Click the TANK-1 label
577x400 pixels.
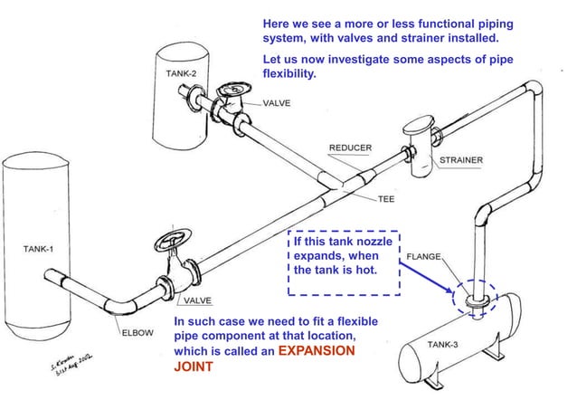click(30, 246)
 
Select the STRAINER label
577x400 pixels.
click(460, 160)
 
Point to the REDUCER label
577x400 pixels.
click(350, 148)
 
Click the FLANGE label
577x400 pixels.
click(425, 257)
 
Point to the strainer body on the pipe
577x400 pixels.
click(418, 147)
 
